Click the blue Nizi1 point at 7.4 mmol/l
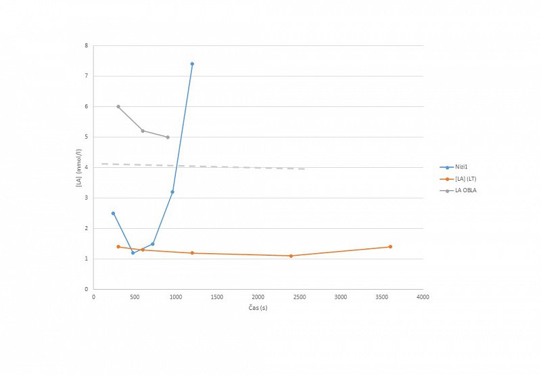tap(192, 64)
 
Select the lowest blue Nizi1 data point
tap(133, 252)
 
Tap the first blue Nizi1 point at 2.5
tap(113, 213)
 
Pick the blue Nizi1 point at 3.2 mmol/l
tap(172, 192)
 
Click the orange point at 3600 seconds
tap(390, 246)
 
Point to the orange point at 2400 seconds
tap(291, 256)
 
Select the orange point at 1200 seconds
tap(192, 252)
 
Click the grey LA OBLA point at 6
tap(118, 106)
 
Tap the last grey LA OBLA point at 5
tap(168, 137)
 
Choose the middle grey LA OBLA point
tap(143, 131)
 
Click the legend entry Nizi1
tap(463, 167)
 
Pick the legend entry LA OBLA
tap(467, 190)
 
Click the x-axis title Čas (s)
tap(258, 307)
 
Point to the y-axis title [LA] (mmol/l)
tap(80, 168)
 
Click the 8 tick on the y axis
tap(87, 46)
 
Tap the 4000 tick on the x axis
tap(423, 296)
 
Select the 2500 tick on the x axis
tap(300, 296)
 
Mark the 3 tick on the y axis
tap(87, 198)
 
